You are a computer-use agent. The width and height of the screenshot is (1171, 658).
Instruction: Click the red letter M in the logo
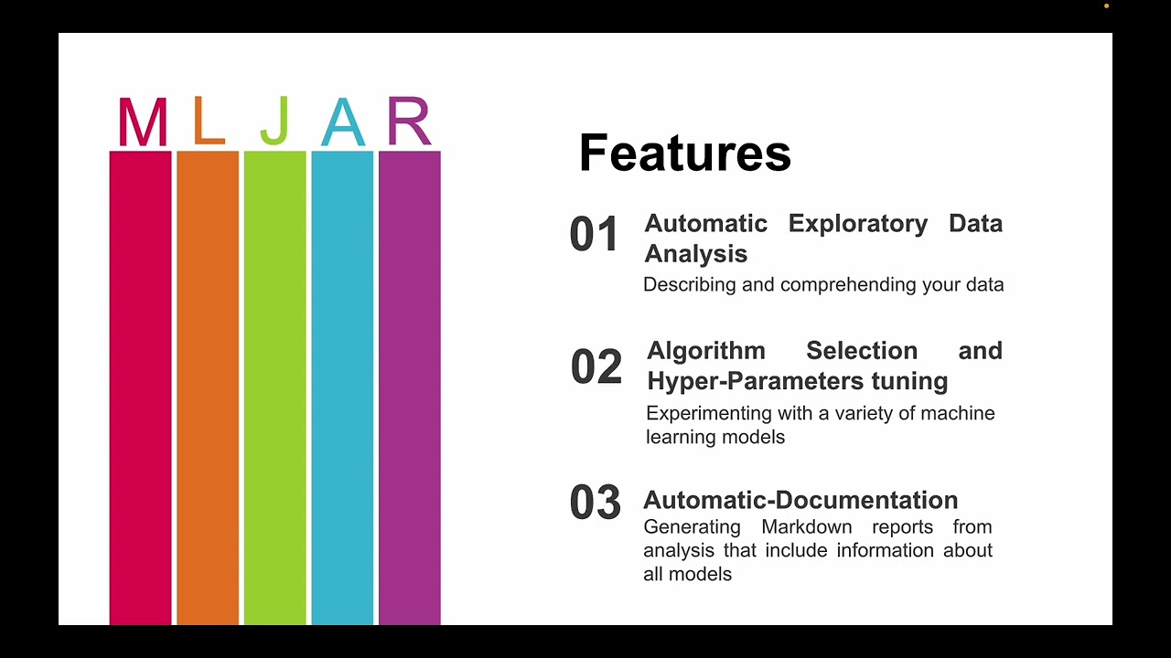pyautogui.click(x=143, y=123)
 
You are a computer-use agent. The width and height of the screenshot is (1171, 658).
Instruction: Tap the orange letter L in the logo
pyautogui.click(x=209, y=122)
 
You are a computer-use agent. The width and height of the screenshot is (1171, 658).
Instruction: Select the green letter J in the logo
pyautogui.click(x=274, y=122)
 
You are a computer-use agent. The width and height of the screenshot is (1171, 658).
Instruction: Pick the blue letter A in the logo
pyautogui.click(x=343, y=123)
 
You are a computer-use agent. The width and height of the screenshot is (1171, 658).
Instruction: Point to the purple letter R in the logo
pyautogui.click(x=408, y=122)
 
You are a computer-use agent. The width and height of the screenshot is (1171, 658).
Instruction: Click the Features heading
pyautogui.click(x=684, y=153)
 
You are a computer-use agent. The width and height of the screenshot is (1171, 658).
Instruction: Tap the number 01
pyautogui.click(x=595, y=235)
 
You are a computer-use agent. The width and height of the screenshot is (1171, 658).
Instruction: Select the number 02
pyautogui.click(x=596, y=367)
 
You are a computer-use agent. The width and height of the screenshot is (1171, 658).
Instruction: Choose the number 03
pyautogui.click(x=595, y=503)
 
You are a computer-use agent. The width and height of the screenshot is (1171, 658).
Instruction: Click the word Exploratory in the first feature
pyautogui.click(x=857, y=224)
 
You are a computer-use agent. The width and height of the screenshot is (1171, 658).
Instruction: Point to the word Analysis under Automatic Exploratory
pyautogui.click(x=695, y=254)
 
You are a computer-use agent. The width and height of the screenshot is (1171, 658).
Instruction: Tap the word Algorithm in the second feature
pyautogui.click(x=706, y=351)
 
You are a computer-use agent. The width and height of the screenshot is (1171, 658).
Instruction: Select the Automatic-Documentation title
pyautogui.click(x=800, y=500)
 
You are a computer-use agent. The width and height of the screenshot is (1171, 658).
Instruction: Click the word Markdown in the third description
pyautogui.click(x=806, y=527)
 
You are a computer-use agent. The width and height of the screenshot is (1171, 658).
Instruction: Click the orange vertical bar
pyautogui.click(x=208, y=384)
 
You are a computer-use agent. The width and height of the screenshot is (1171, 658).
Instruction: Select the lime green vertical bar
pyautogui.click(x=274, y=384)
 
